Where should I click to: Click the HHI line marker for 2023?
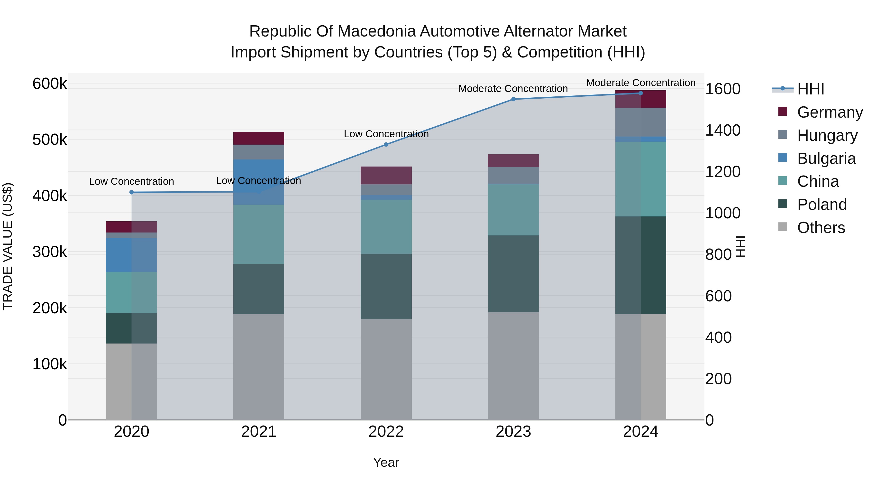[513, 99]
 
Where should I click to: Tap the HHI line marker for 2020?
[132, 192]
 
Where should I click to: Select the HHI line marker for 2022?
[386, 145]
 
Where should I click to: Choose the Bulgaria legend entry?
[826, 158]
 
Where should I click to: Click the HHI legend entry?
[810, 89]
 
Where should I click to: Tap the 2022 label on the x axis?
[386, 432]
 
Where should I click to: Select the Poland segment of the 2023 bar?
[513, 274]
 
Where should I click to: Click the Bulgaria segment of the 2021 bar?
[259, 182]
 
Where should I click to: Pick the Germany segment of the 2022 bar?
[386, 176]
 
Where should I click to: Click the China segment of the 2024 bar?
[641, 179]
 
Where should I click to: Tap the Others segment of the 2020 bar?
[132, 381]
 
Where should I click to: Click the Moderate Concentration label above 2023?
[513, 89]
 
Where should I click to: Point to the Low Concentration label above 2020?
[132, 182]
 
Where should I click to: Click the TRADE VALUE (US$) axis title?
[8, 246]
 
